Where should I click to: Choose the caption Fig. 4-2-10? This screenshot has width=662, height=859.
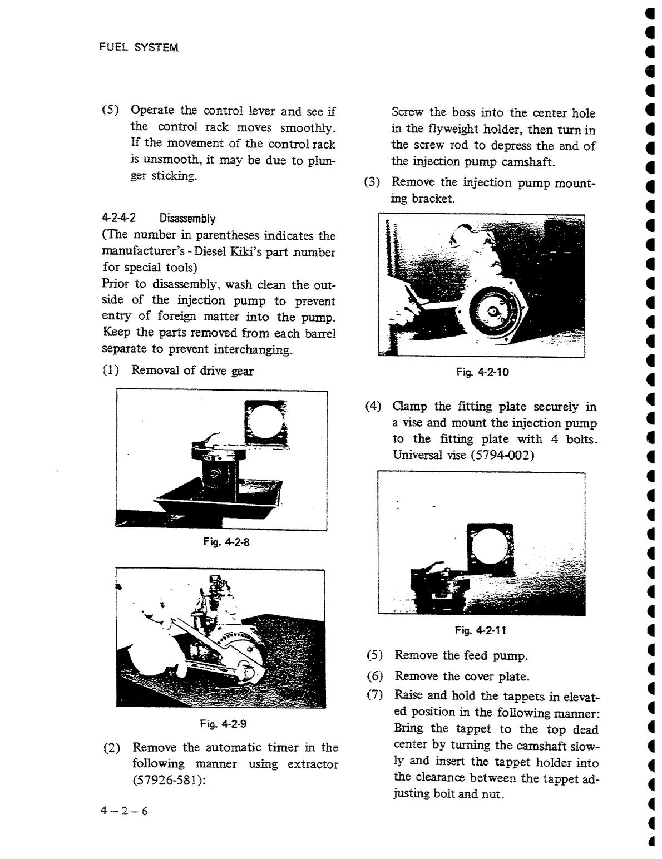[x=482, y=372]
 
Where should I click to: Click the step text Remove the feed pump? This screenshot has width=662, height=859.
[x=461, y=655]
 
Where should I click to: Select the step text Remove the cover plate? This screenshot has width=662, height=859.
[x=462, y=677]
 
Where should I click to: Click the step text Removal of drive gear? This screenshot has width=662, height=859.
[x=192, y=371]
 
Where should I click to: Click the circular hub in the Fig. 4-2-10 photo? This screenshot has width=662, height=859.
[x=490, y=312]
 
